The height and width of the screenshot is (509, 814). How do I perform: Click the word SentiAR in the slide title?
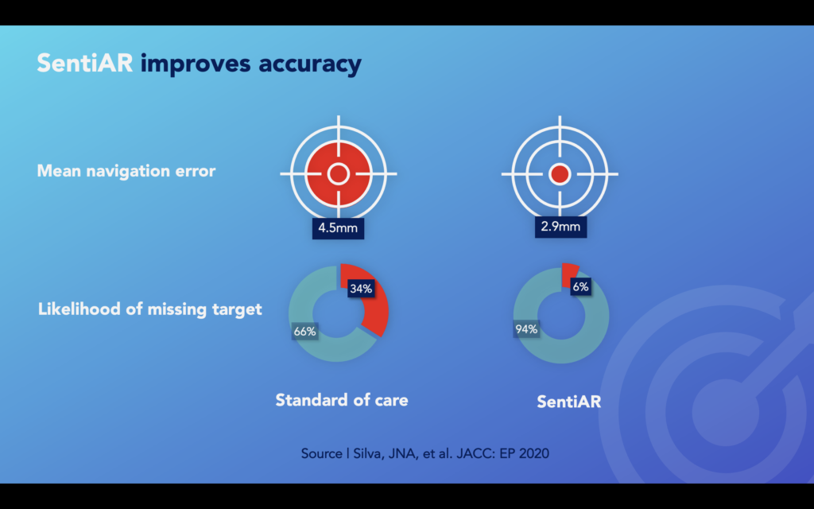point(84,64)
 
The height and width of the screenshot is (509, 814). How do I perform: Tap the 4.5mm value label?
point(338,228)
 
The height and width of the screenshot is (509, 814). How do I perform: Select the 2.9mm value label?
point(560,227)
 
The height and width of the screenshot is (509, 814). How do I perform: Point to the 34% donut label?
point(361,288)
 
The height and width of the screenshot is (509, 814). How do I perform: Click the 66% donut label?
point(304,332)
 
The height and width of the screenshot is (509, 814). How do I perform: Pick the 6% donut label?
point(580,286)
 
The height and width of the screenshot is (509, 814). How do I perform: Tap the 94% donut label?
point(526,329)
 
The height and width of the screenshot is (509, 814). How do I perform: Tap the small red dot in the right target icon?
point(560,174)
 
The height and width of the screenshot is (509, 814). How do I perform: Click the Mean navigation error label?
point(126,171)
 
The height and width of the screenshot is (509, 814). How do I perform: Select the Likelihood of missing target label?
point(150,309)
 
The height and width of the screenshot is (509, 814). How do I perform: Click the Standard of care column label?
point(342,400)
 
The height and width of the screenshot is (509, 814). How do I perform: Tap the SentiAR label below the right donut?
point(569,402)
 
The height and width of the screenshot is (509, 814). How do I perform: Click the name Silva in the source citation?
point(369,453)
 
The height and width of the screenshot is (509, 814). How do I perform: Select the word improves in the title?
point(196,64)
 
